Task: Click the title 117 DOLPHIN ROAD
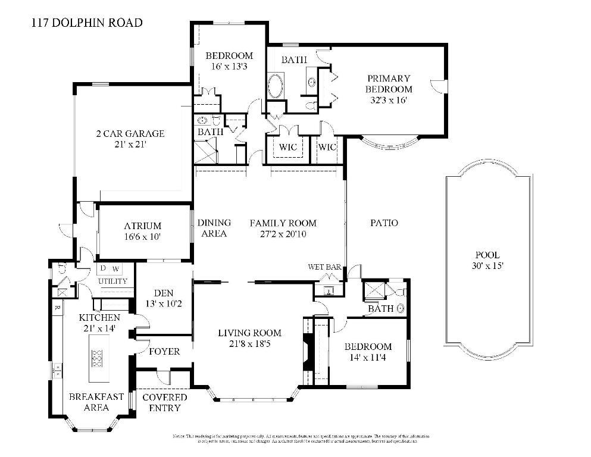click(86, 23)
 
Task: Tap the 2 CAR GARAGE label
click(130, 133)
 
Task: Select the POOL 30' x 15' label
click(487, 260)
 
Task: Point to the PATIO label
click(384, 223)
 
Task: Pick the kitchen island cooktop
click(98, 358)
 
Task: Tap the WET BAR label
click(324, 267)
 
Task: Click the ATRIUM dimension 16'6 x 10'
click(143, 236)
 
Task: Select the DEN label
click(163, 293)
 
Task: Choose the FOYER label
click(164, 351)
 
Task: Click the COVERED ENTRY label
click(164, 402)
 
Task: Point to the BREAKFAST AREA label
click(96, 402)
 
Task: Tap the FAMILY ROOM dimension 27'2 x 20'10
click(283, 234)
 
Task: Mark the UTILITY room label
click(112, 281)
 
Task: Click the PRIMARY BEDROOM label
click(389, 89)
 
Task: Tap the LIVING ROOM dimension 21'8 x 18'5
click(249, 343)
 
